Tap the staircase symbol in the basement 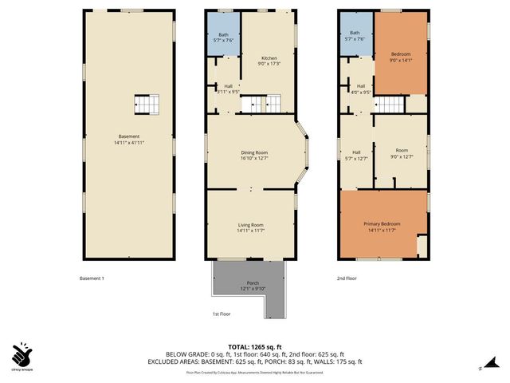point(147,104)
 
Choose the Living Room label point(250,228)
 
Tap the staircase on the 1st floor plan point(262,103)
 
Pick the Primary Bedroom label point(382,227)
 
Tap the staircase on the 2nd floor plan point(390,104)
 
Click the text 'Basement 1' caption point(92,278)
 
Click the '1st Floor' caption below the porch point(222,314)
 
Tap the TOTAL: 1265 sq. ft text point(254,345)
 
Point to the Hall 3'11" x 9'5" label point(228,89)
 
